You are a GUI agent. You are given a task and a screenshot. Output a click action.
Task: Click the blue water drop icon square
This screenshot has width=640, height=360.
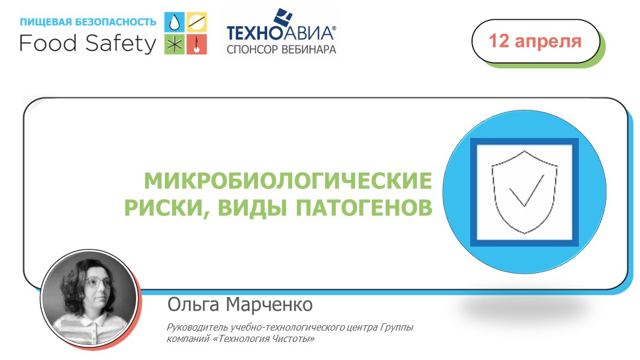pyautogui.click(x=175, y=22)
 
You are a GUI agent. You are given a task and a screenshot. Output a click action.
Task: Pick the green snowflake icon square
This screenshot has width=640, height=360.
pyautogui.click(x=175, y=44)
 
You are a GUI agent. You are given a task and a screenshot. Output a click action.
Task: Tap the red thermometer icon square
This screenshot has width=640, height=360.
pyautogui.click(x=197, y=44)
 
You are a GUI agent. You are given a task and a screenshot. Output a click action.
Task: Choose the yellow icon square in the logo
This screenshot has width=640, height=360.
pyautogui.click(x=197, y=22)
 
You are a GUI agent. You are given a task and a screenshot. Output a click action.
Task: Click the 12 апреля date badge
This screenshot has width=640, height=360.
pyautogui.click(x=536, y=41)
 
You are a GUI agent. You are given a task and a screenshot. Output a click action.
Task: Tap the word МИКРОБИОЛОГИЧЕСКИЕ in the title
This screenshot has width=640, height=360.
pyautogui.click(x=288, y=181)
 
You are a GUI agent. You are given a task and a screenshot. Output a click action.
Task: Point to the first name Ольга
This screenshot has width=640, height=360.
pyautogui.click(x=193, y=305)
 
